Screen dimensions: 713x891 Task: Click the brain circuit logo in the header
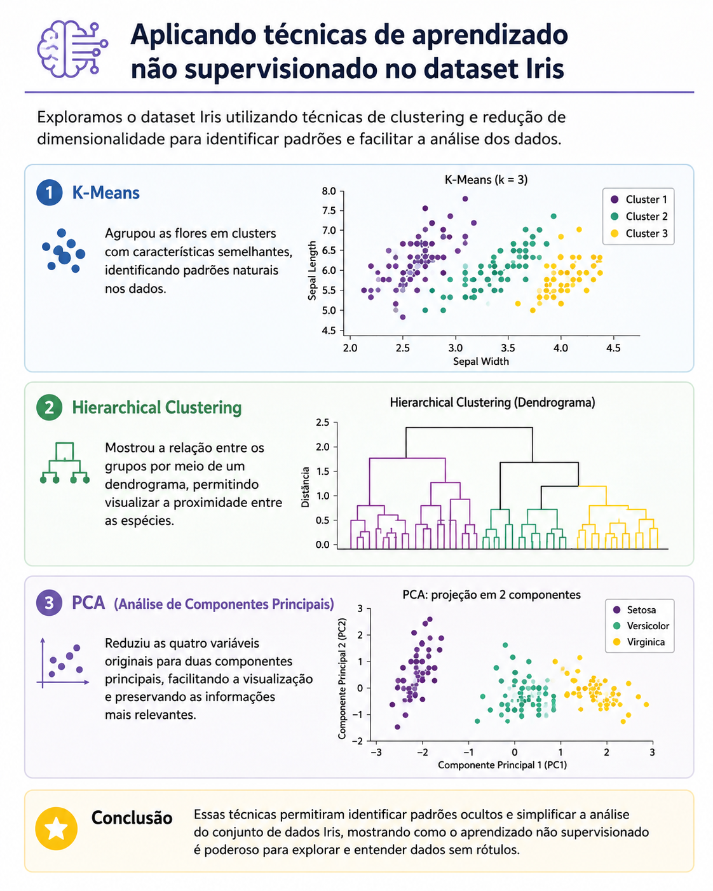(x=72, y=49)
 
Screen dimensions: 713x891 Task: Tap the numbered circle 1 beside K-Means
(x=50, y=193)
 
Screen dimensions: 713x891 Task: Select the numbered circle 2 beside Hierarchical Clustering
(x=50, y=407)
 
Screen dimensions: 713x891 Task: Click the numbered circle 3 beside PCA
(x=50, y=602)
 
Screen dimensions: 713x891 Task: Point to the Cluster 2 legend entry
(x=639, y=216)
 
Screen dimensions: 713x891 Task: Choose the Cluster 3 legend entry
(x=639, y=233)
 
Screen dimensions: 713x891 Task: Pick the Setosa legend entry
(x=634, y=610)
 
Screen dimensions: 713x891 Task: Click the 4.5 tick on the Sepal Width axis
(x=613, y=348)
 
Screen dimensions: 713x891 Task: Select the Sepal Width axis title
(x=480, y=361)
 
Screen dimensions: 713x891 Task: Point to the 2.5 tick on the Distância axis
(x=323, y=423)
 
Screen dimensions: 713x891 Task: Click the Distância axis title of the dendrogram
(x=305, y=487)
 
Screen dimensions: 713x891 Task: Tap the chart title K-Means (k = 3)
(x=486, y=180)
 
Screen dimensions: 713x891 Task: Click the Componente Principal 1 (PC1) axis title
(x=502, y=765)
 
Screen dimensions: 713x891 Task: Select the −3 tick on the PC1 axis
(x=376, y=752)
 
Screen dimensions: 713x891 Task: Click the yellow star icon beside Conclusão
(x=57, y=828)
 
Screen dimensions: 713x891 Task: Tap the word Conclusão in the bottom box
(x=132, y=818)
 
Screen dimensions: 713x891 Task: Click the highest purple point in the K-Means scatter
(x=465, y=199)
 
